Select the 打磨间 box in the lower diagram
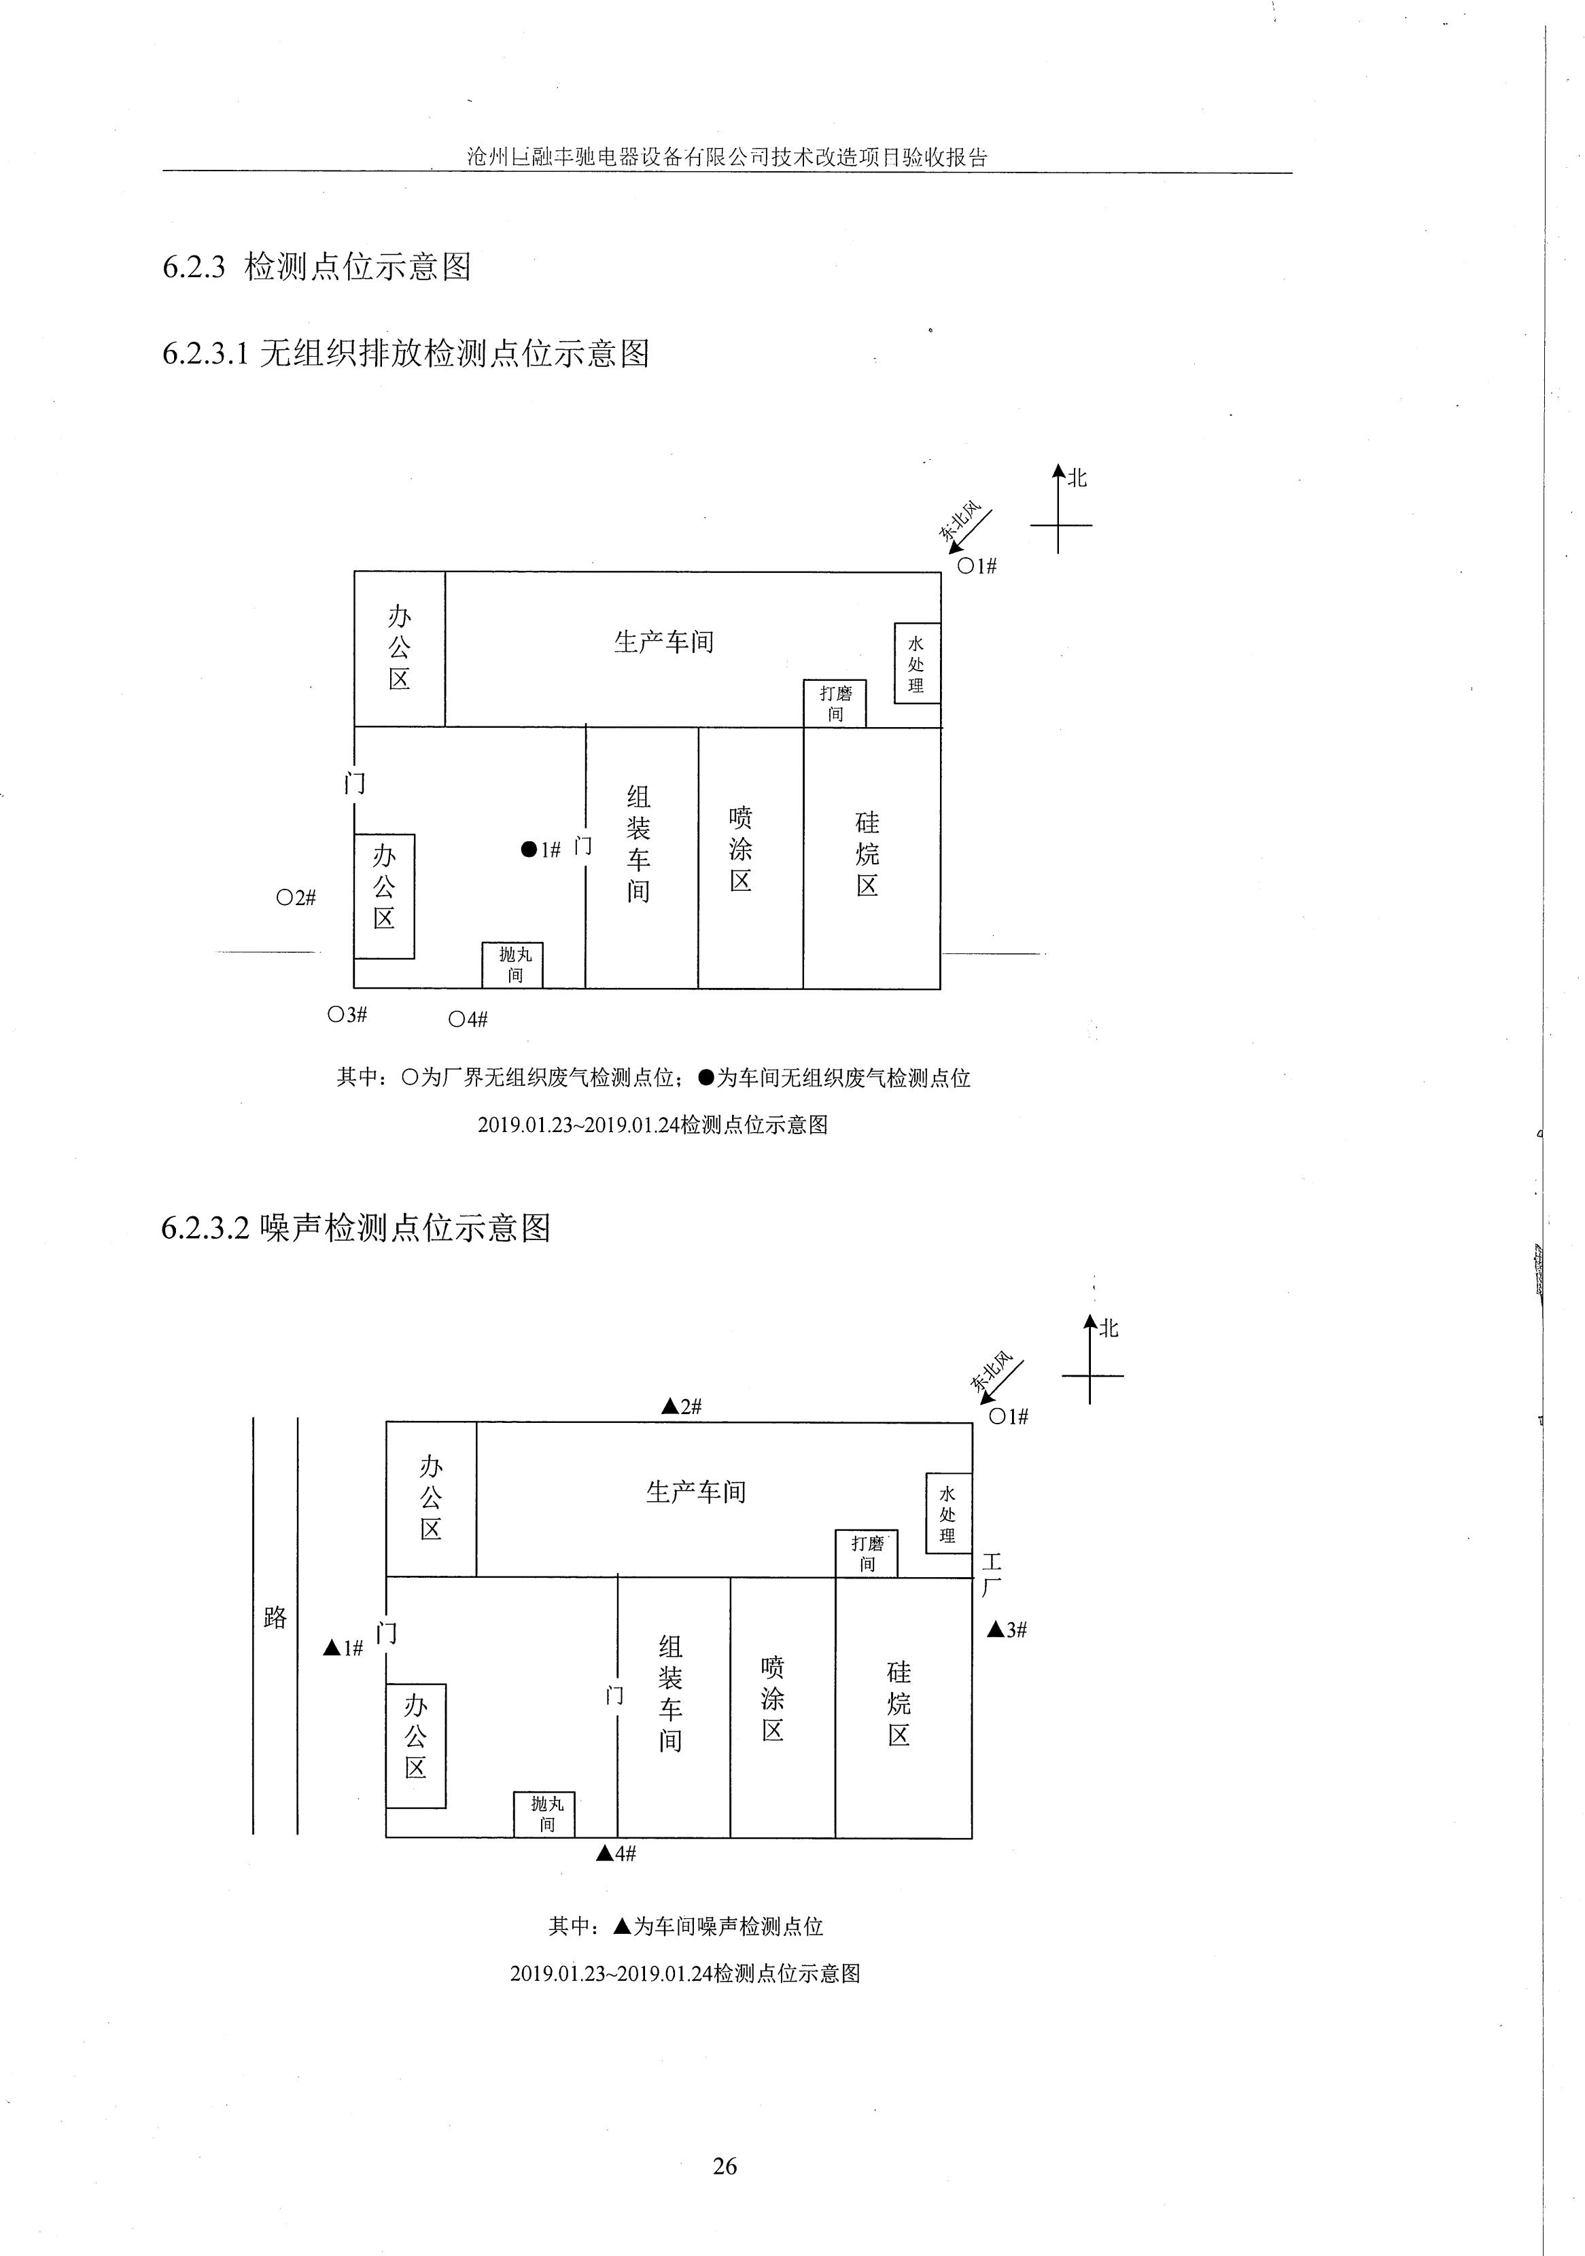pyautogui.click(x=867, y=1553)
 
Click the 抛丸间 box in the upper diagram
pyautogui.click(x=512, y=965)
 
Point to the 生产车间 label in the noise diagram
pyautogui.click(x=696, y=1492)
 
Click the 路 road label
pyautogui.click(x=275, y=1617)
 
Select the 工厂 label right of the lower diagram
pyautogui.click(x=992, y=1573)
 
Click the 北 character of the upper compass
pyautogui.click(x=1078, y=478)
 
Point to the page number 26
pyautogui.click(x=725, y=2166)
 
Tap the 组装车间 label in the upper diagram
pyautogui.click(x=639, y=843)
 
